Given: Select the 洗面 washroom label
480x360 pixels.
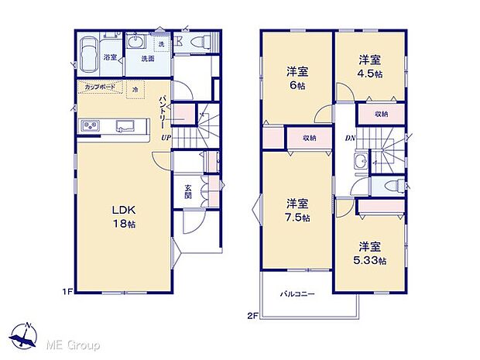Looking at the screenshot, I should (148, 57).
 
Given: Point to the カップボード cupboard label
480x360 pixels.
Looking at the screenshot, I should (100, 87).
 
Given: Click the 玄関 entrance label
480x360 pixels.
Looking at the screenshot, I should (189, 190).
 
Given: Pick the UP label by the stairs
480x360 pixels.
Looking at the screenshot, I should (166, 138).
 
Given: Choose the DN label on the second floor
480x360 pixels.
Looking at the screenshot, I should (349, 138).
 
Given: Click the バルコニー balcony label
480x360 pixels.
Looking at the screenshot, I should (297, 293).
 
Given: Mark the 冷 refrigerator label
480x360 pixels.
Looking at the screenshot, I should (134, 89).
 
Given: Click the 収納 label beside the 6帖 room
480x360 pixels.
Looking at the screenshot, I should (307, 139).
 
